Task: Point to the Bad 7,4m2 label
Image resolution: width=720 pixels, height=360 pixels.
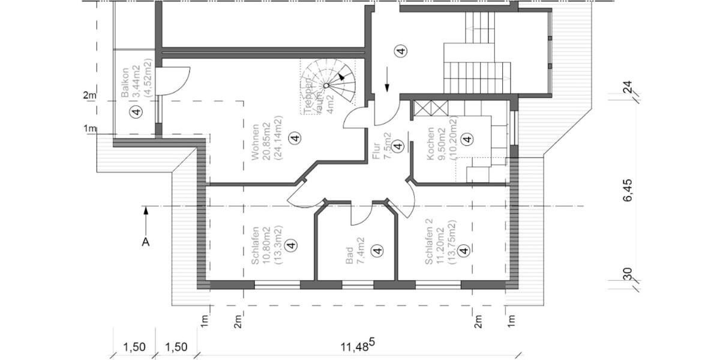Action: pos(354,251)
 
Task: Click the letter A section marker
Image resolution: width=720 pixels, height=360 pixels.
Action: pos(145,242)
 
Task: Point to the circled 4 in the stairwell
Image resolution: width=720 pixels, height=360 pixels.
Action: pos(401,51)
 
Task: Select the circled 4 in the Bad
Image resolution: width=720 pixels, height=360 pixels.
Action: pos(377,251)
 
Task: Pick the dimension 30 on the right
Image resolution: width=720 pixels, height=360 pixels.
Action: pos(628,274)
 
